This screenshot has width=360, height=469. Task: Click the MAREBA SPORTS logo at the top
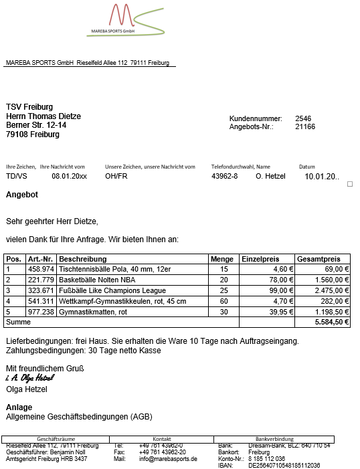click(124, 20)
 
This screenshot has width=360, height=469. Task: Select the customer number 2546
click(303, 118)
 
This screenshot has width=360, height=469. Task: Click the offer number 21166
click(305, 126)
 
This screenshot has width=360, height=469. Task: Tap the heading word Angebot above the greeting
click(22, 195)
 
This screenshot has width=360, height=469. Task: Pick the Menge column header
click(222, 259)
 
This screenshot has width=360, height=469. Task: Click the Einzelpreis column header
click(260, 259)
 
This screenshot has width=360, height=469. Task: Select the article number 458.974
click(41, 269)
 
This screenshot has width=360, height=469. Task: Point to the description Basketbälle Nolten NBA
click(97, 280)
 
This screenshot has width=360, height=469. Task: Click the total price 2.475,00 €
click(333, 290)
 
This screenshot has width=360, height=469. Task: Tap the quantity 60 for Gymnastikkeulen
click(223, 301)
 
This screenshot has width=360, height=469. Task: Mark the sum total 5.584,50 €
click(332, 322)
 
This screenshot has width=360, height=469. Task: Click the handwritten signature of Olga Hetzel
click(29, 378)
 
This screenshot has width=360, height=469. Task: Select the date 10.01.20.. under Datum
click(322, 177)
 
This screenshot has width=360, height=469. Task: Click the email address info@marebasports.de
click(168, 459)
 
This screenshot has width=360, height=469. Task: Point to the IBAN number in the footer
click(284, 466)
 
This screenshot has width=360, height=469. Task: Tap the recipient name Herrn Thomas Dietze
click(43, 116)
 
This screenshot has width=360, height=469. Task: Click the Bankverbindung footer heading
click(274, 439)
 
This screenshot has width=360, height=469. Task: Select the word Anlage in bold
click(19, 407)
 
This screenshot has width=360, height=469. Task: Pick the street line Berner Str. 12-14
click(36, 125)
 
